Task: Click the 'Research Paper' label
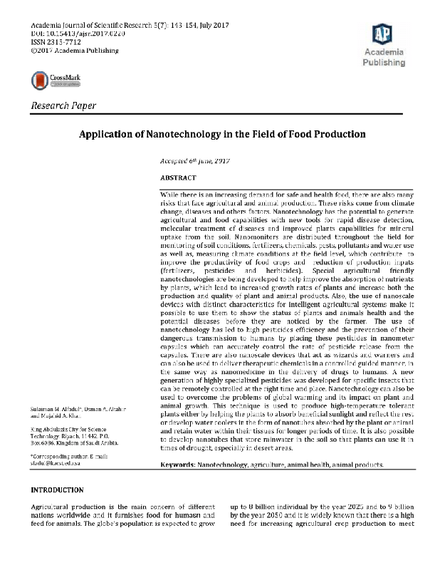[63, 106]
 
